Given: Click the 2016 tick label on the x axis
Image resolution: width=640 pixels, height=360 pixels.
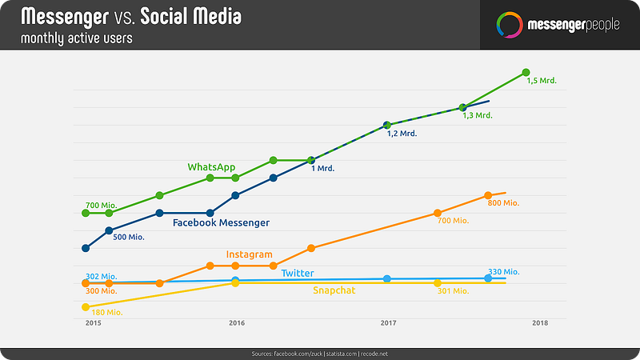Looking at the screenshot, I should (x=237, y=322).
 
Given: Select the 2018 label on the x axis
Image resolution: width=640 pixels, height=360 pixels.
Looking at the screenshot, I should (x=540, y=322).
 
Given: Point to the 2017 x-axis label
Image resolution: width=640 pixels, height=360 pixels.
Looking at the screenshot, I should (x=389, y=322).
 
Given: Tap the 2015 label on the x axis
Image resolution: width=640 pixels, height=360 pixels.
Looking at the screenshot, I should (x=93, y=322).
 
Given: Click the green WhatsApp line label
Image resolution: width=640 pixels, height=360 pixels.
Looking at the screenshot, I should (x=211, y=167).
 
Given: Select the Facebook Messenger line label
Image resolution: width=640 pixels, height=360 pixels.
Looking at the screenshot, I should (x=221, y=222).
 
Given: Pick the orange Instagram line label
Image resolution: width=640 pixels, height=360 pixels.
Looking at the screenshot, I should (x=249, y=254).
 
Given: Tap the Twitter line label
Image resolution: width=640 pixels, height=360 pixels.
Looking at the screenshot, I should (x=297, y=274).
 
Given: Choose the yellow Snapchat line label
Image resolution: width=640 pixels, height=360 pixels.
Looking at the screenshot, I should (x=334, y=290).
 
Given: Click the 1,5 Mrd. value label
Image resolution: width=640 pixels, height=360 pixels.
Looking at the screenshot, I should (x=542, y=82).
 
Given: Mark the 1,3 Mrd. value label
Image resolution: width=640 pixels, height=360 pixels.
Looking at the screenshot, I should (x=478, y=115).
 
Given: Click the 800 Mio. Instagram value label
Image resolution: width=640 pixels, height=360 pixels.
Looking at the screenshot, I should (x=503, y=203).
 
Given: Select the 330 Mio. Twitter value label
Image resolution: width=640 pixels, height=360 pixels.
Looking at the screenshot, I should (x=503, y=272).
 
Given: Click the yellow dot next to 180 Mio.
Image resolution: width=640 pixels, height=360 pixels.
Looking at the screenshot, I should (x=85, y=307).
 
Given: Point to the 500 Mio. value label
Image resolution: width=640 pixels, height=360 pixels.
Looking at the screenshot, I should (x=130, y=237).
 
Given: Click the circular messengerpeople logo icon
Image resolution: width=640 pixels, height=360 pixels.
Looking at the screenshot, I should (x=506, y=24).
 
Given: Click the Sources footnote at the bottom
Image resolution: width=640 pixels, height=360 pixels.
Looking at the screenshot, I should (x=320, y=353).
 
